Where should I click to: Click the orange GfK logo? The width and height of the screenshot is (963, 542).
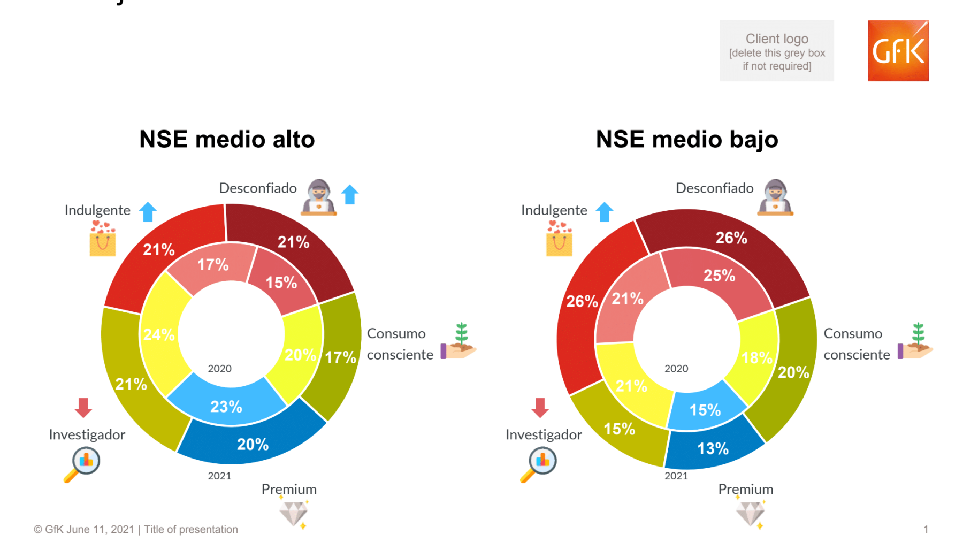[x=898, y=51]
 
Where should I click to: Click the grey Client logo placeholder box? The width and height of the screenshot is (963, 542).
[x=776, y=51]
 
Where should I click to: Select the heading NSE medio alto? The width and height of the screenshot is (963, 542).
[x=227, y=140]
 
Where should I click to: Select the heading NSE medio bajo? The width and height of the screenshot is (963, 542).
[x=687, y=140]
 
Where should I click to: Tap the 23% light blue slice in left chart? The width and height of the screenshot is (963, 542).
[x=226, y=406]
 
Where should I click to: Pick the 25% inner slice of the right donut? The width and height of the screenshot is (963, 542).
[x=719, y=276]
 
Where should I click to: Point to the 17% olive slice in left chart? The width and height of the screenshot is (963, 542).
[x=340, y=357]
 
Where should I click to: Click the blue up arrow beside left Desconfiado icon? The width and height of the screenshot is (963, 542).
[x=350, y=194]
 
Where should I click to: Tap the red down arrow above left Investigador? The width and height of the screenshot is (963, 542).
[x=83, y=408]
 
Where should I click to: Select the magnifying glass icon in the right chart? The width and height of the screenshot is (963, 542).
[x=539, y=464]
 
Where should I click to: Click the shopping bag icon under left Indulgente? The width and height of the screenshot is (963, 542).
[x=103, y=239]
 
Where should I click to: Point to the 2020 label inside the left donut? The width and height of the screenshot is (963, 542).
[x=219, y=369]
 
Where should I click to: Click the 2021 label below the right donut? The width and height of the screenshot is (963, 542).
[x=676, y=476]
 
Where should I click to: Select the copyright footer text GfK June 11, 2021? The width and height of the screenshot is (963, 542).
[x=136, y=529]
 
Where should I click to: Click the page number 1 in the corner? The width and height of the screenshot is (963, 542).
[x=926, y=529]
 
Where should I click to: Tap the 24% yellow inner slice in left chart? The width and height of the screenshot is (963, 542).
[x=159, y=335]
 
